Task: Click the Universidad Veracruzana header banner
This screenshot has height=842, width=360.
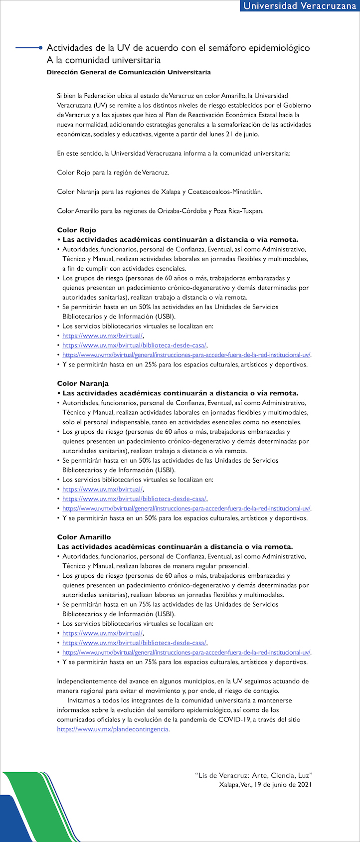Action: [x=299, y=6]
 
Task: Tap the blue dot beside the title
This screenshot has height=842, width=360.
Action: [x=40, y=48]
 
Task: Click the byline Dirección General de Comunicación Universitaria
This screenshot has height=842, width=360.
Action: [x=129, y=72]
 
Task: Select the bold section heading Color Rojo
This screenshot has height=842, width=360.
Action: [x=76, y=230]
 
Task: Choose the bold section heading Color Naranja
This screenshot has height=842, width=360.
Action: [x=82, y=383]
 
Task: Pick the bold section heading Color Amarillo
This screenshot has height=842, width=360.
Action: [x=84, y=537]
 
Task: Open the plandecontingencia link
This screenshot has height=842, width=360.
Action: [x=113, y=729]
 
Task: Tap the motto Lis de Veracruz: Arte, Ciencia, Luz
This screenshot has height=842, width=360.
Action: [x=253, y=775]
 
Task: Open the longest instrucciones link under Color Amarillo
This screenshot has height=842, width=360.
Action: [x=186, y=652]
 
